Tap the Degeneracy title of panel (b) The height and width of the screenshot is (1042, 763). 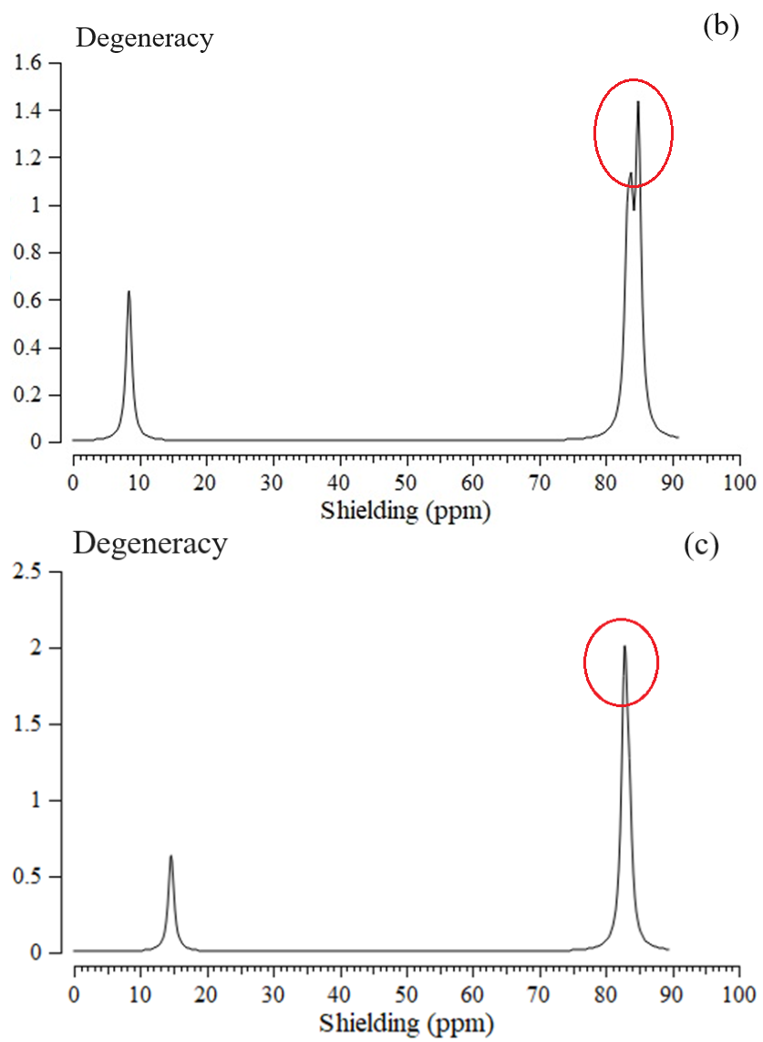click(144, 38)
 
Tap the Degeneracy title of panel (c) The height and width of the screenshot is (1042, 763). click(150, 545)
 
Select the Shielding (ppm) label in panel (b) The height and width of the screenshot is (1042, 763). click(405, 510)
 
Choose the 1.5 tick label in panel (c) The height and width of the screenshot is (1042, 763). click(26, 724)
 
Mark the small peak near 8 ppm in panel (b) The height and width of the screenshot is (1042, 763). click(129, 292)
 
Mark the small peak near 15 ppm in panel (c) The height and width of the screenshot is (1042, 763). click(170, 857)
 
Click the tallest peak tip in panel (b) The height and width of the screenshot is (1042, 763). click(638, 102)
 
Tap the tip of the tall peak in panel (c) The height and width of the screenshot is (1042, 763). click(624, 647)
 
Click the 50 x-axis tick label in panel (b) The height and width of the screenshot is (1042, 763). click(406, 483)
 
